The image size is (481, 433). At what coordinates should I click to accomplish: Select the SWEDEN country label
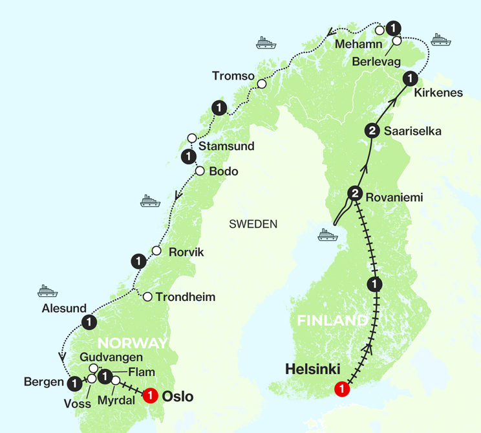pos(253,225)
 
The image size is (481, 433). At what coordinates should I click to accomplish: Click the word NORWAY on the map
pos(133,343)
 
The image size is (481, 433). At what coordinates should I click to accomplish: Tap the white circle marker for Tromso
pos(262,84)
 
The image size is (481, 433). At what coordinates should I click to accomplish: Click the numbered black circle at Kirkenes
pos(409,79)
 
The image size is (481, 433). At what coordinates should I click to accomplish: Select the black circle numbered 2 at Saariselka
pos(371,131)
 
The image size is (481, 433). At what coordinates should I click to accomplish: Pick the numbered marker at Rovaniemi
pos(355,193)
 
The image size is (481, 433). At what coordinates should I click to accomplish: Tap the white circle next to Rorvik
pos(156,251)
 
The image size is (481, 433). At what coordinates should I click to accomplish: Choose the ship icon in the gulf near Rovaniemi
pos(327,234)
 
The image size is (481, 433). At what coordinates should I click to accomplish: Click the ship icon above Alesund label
pos(47,290)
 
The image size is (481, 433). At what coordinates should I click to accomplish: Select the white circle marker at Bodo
pos(199,171)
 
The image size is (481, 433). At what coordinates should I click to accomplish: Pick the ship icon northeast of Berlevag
pos(440,39)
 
